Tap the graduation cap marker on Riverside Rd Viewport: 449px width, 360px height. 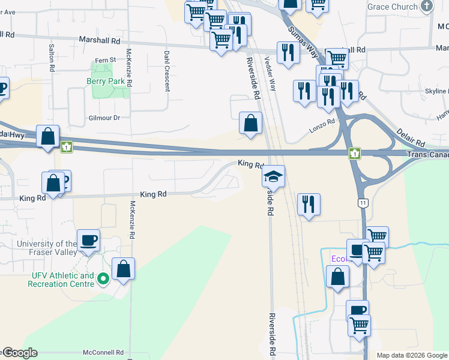coord(273,176)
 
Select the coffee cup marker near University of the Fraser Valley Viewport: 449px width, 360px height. coord(89,240)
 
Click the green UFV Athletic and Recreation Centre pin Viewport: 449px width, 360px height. coord(103,278)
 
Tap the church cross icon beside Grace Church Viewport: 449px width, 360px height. coord(427,7)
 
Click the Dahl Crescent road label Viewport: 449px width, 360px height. coord(167,71)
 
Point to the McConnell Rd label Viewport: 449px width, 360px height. coord(103,353)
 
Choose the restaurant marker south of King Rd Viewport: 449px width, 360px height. coord(308,204)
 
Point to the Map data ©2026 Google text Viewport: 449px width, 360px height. coord(412,355)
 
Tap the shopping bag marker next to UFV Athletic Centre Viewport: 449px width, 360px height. coord(123,269)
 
